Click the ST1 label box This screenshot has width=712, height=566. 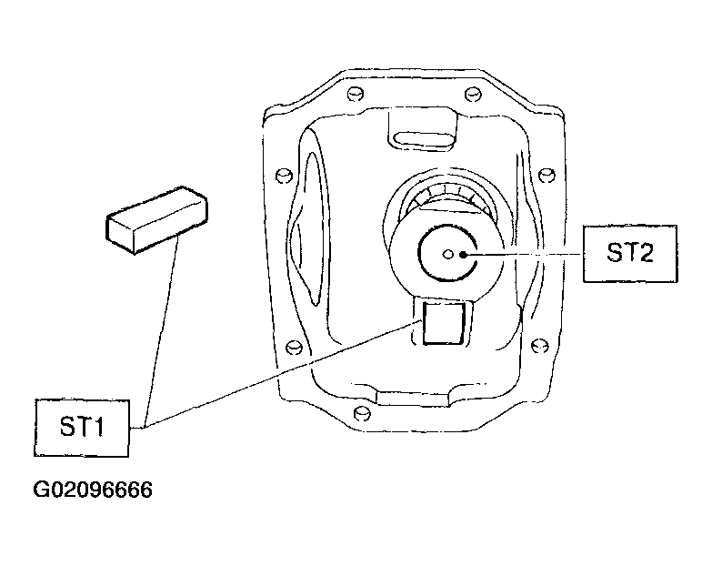pos(82,428)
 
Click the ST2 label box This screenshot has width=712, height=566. pos(630,254)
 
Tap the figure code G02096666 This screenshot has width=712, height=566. pos(93,490)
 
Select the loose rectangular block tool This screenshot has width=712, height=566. pos(156,220)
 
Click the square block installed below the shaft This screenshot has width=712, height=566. pos(444,323)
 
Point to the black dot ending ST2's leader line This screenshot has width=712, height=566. pos(463,255)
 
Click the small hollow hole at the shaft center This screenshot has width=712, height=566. pos(448,255)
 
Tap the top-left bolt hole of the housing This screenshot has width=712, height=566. pos(356,94)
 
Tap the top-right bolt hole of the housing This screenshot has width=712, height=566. pos(473,94)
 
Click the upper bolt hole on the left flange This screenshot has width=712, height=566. pos(284,175)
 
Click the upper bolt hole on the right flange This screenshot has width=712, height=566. pos(547,175)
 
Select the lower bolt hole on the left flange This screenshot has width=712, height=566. pos(295,347)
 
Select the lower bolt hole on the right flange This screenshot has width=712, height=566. pos(539,346)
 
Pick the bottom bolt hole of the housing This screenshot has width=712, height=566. pos(361,413)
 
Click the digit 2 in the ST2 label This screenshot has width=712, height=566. pos(645,253)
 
